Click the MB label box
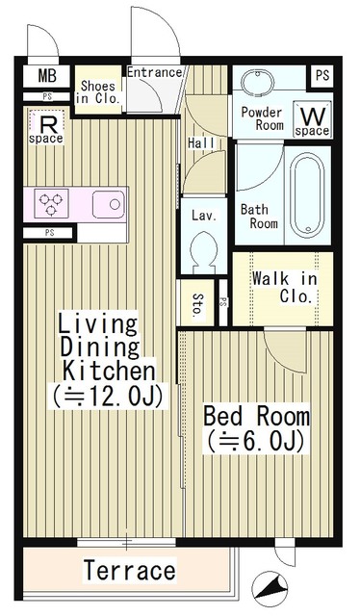(46, 76)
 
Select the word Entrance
(154, 72)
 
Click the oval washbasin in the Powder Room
(257, 83)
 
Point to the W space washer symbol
(313, 119)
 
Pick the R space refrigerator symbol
(46, 127)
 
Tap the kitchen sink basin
(109, 204)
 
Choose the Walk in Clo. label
(284, 287)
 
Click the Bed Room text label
(256, 416)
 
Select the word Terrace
(130, 571)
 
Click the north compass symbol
(270, 589)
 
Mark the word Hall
(201, 143)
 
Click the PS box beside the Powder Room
(322, 75)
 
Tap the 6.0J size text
(256, 442)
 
